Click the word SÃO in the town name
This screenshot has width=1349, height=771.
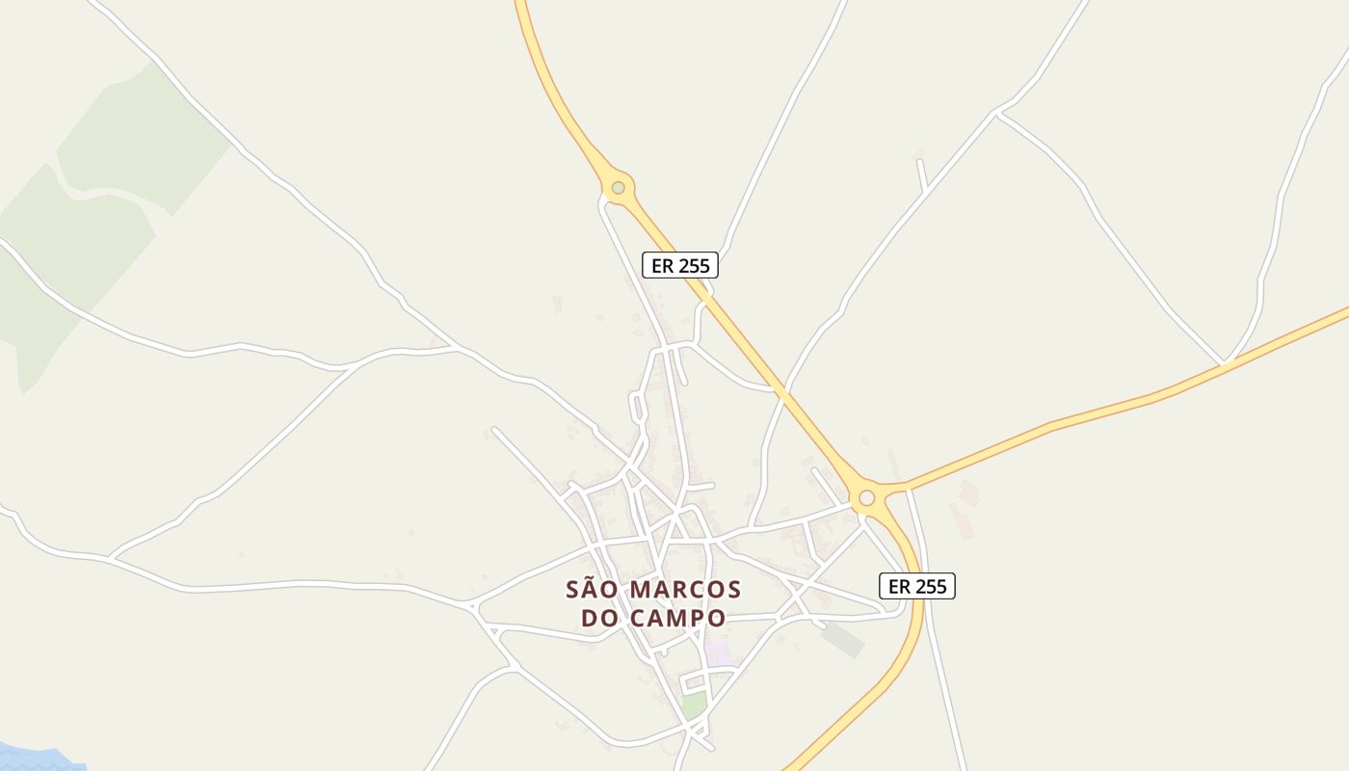[591, 589]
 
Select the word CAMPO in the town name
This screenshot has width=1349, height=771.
[676, 618]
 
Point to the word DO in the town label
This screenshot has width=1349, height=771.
[600, 618]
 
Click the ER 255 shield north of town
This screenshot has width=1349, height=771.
[680, 265]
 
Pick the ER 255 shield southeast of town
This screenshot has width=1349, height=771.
[917, 586]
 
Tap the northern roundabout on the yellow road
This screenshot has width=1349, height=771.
[618, 187]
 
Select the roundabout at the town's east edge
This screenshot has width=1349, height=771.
[866, 497]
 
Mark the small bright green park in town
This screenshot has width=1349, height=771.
[693, 705]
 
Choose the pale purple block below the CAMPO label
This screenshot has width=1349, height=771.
[719, 651]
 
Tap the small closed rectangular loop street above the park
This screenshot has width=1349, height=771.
[694, 682]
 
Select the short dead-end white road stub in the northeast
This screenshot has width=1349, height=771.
[921, 173]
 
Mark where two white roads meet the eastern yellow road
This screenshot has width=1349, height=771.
[1223, 363]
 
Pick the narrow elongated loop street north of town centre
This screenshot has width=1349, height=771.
[637, 406]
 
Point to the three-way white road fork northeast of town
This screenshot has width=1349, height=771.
[998, 114]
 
